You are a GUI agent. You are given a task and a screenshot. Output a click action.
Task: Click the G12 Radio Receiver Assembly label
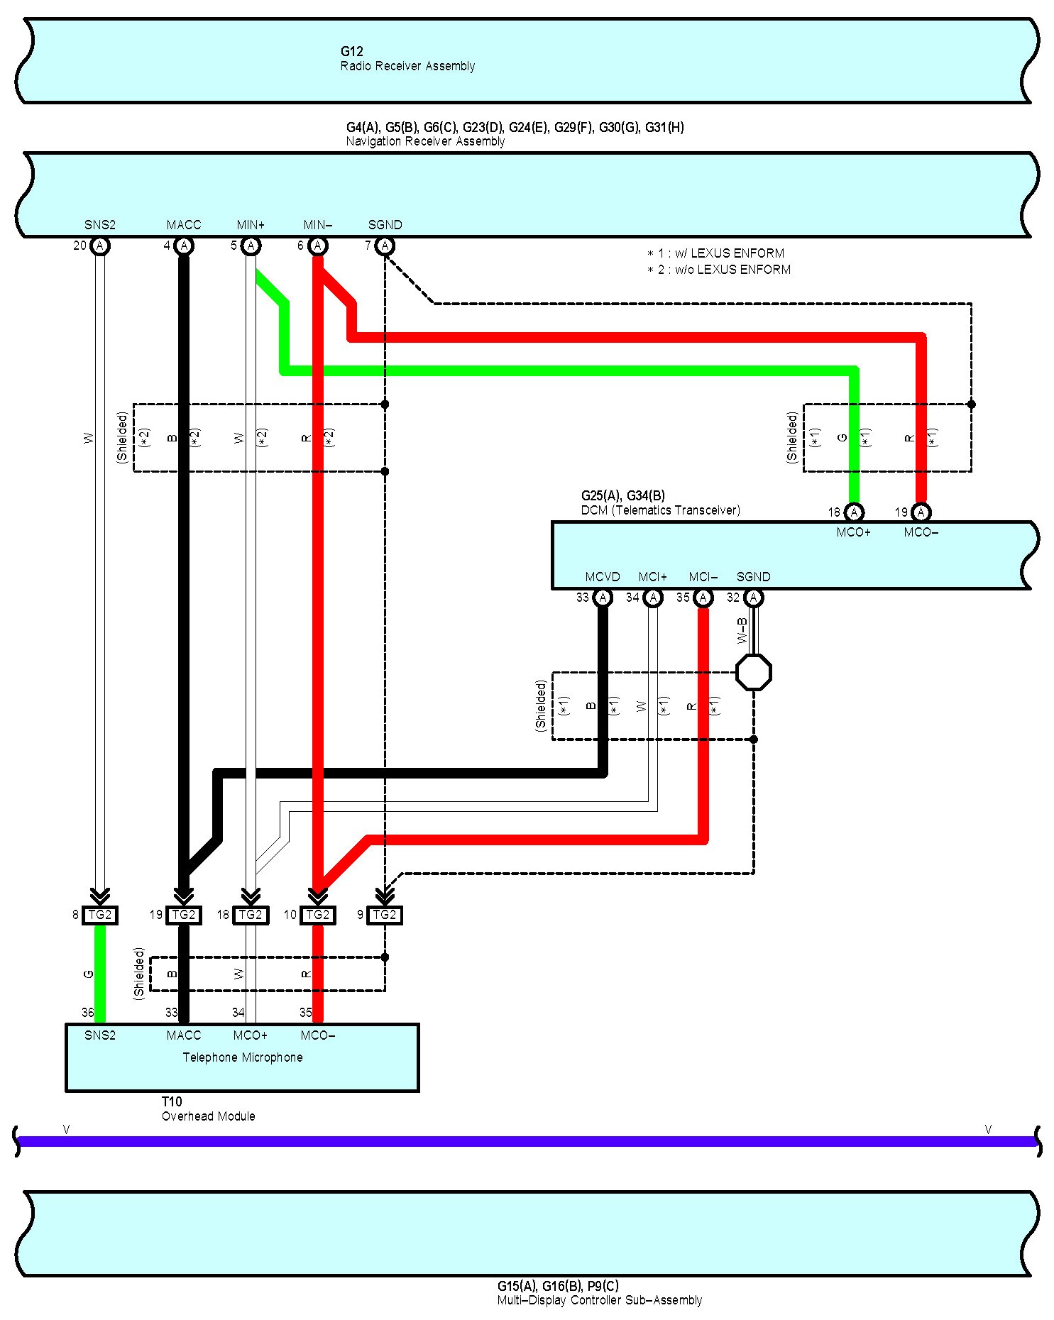[407, 59]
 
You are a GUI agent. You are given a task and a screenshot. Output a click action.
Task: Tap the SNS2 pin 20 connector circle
[100, 246]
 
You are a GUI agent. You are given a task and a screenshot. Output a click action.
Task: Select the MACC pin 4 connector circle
[184, 246]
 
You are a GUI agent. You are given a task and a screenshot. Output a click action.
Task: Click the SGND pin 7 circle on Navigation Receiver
[385, 246]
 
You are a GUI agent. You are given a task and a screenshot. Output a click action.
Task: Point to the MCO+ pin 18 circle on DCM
[854, 512]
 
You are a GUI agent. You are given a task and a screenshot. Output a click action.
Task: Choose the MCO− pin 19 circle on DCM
[921, 512]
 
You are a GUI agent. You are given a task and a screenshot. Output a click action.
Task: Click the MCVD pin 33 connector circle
[603, 598]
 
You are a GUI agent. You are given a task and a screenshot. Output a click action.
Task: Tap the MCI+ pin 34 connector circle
[653, 598]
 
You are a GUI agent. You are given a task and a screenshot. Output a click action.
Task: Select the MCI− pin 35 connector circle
[703, 598]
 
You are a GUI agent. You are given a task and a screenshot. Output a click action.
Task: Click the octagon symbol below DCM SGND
[753, 672]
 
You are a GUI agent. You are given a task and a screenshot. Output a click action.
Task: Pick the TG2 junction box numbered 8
[100, 915]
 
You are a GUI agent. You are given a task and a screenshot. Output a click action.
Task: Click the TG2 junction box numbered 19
[184, 915]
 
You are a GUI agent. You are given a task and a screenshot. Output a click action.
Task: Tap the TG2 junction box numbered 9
[385, 915]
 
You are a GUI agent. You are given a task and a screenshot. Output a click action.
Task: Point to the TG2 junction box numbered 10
[317, 915]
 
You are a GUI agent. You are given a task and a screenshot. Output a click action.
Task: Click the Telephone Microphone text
[243, 1057]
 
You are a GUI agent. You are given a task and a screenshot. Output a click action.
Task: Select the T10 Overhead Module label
[208, 1109]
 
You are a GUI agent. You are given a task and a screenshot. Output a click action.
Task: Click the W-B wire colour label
[742, 630]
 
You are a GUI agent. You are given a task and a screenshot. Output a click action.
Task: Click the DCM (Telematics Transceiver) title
[660, 510]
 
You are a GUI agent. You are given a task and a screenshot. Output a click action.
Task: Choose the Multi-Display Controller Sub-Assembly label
[599, 1300]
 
